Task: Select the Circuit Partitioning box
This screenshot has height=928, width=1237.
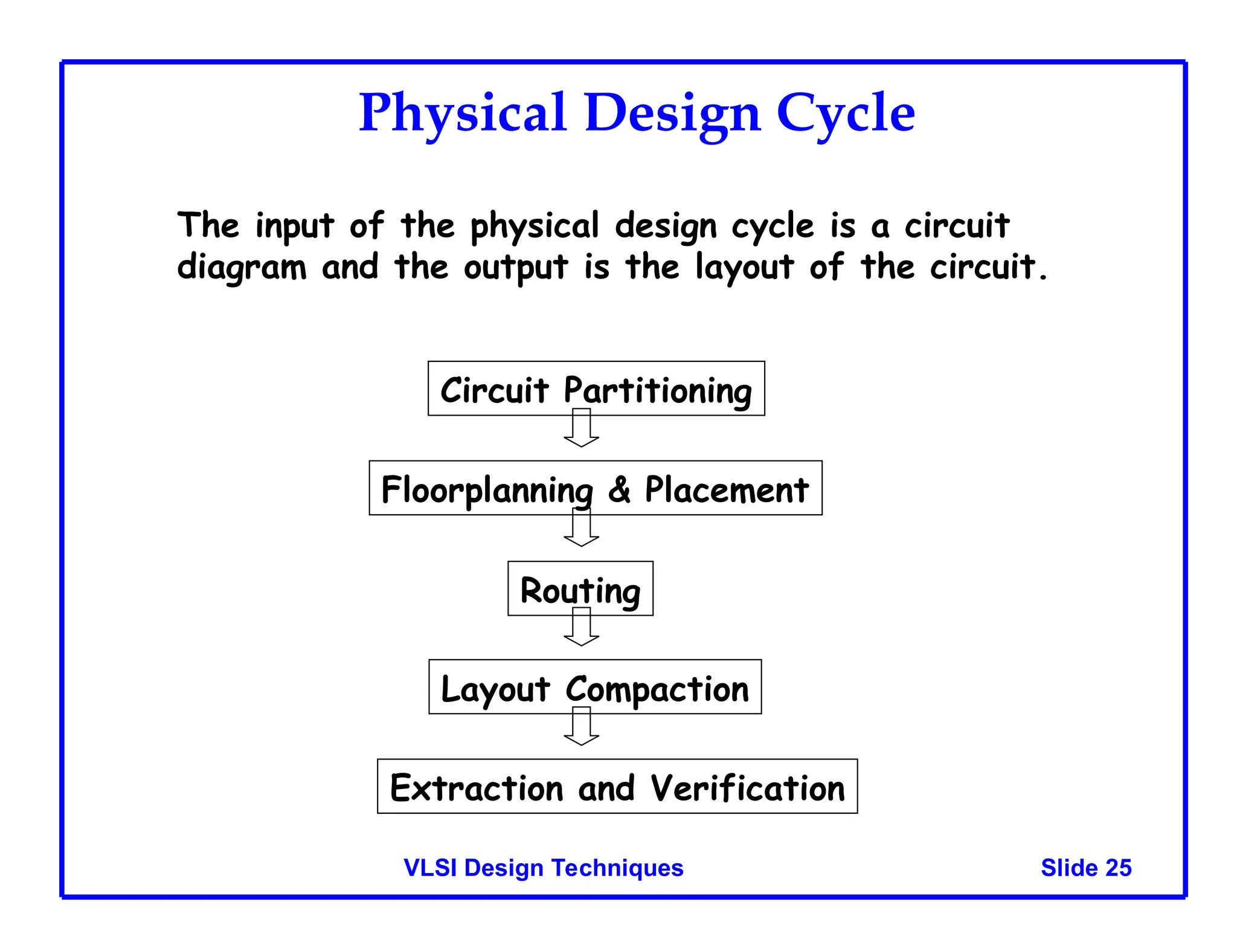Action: point(596,388)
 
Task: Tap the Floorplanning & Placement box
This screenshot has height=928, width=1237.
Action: point(595,488)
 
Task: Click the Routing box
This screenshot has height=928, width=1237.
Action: point(580,588)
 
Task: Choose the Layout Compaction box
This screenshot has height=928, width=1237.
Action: point(595,687)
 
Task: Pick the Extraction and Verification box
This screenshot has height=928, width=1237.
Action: point(617,786)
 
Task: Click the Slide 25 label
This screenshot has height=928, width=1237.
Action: point(1085,868)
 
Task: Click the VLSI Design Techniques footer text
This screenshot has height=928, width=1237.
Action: point(543,868)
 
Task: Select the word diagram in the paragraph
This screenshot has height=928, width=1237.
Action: point(242,267)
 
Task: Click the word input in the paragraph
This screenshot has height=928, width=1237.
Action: point(294,226)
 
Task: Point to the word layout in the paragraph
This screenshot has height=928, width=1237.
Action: point(744,267)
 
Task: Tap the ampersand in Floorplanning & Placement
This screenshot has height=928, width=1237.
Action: point(619,489)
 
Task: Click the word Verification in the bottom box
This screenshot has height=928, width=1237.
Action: point(747,788)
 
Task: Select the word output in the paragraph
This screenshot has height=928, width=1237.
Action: point(515,267)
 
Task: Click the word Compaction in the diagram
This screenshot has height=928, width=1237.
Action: point(657,689)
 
